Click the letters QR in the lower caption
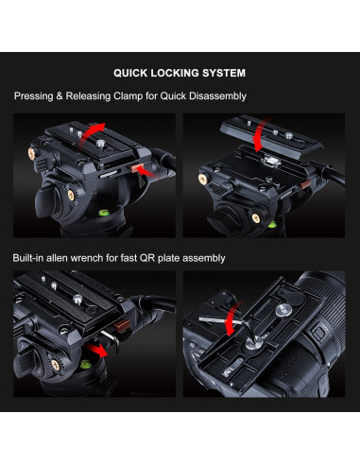[x=147, y=258]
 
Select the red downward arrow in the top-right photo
[x=261, y=134]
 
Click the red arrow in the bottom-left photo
[x=96, y=350]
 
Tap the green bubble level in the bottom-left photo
[x=85, y=365]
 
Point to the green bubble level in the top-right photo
[x=272, y=225]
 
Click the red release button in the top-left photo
[x=138, y=168]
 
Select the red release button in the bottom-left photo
[x=122, y=326]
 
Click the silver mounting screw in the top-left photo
[x=100, y=144]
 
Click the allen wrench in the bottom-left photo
[x=111, y=340]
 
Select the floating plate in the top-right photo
[x=271, y=135]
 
